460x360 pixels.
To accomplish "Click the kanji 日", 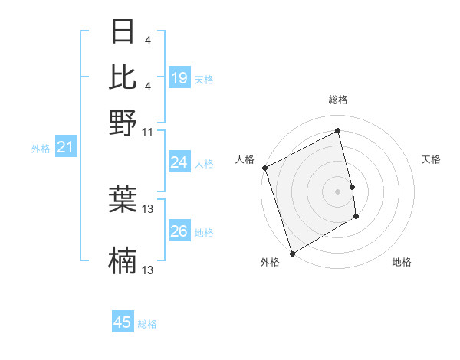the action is (123, 33).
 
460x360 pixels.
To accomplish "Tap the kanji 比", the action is (123, 77).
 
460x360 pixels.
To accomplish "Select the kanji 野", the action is (123, 122).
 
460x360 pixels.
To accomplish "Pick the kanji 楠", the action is (123, 261).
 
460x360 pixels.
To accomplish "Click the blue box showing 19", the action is (179, 78).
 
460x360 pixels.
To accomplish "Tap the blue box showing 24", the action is (179, 162).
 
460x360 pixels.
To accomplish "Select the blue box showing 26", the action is (179, 231).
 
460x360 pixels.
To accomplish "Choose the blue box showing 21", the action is (66, 148).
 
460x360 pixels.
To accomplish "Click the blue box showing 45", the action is (123, 322).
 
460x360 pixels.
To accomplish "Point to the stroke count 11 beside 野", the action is (148, 132).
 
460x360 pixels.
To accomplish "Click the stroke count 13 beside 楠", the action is (148, 270).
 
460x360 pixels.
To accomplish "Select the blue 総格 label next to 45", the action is (147, 324).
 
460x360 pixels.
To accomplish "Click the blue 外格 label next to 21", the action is (41, 149).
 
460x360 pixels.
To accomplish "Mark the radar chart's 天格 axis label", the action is (431, 159).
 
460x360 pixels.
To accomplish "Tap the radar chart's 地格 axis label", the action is (402, 262).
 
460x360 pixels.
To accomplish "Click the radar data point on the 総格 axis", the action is (338, 131).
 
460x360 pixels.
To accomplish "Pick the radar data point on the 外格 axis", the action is (291, 254).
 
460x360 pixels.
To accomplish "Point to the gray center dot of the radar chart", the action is (338, 191).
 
